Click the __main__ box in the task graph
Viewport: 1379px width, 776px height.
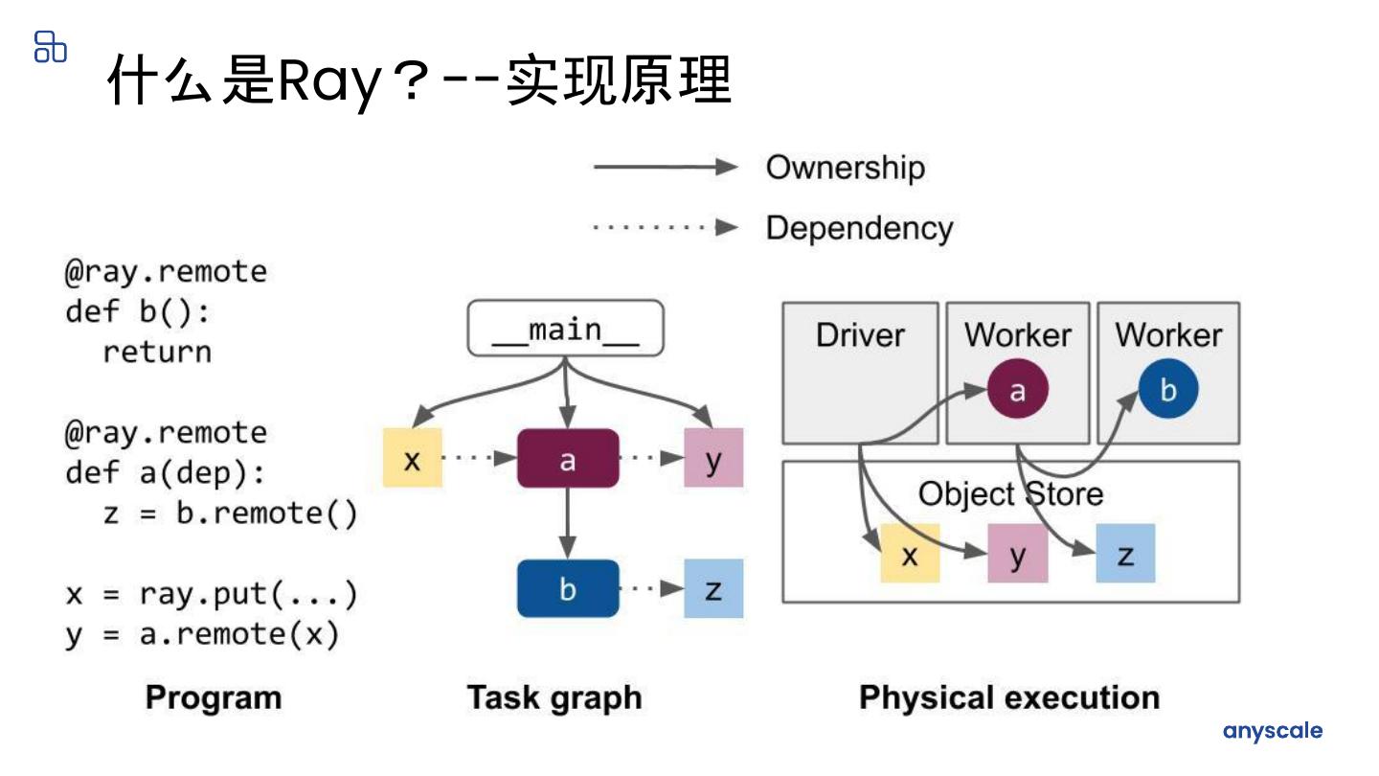click(x=566, y=329)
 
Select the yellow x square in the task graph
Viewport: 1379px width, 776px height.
click(x=413, y=458)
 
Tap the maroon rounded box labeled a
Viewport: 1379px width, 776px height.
click(x=568, y=459)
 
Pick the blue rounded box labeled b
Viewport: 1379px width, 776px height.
click(x=568, y=589)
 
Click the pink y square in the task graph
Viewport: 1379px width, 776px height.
click(x=713, y=458)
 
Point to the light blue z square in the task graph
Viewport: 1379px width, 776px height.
click(x=713, y=589)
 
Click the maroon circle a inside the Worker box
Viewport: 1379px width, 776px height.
click(x=1018, y=389)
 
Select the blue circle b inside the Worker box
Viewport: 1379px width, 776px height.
click(x=1168, y=389)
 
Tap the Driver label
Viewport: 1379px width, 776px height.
click(x=860, y=335)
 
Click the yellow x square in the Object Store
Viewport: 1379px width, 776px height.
click(x=911, y=553)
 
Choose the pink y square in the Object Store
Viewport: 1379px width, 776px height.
click(x=1018, y=553)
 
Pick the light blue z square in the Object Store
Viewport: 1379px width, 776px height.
click(x=1125, y=553)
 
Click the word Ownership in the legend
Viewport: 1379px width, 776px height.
click(x=846, y=168)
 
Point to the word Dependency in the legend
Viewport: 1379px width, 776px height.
click(x=859, y=228)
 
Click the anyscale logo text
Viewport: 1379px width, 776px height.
click(x=1273, y=731)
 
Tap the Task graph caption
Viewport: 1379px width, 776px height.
click(x=554, y=698)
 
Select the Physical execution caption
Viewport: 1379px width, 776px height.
click(x=1009, y=697)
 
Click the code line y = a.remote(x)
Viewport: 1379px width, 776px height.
click(x=203, y=635)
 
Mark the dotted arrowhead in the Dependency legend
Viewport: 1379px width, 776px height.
click(x=727, y=227)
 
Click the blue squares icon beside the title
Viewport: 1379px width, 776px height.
click(x=51, y=47)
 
